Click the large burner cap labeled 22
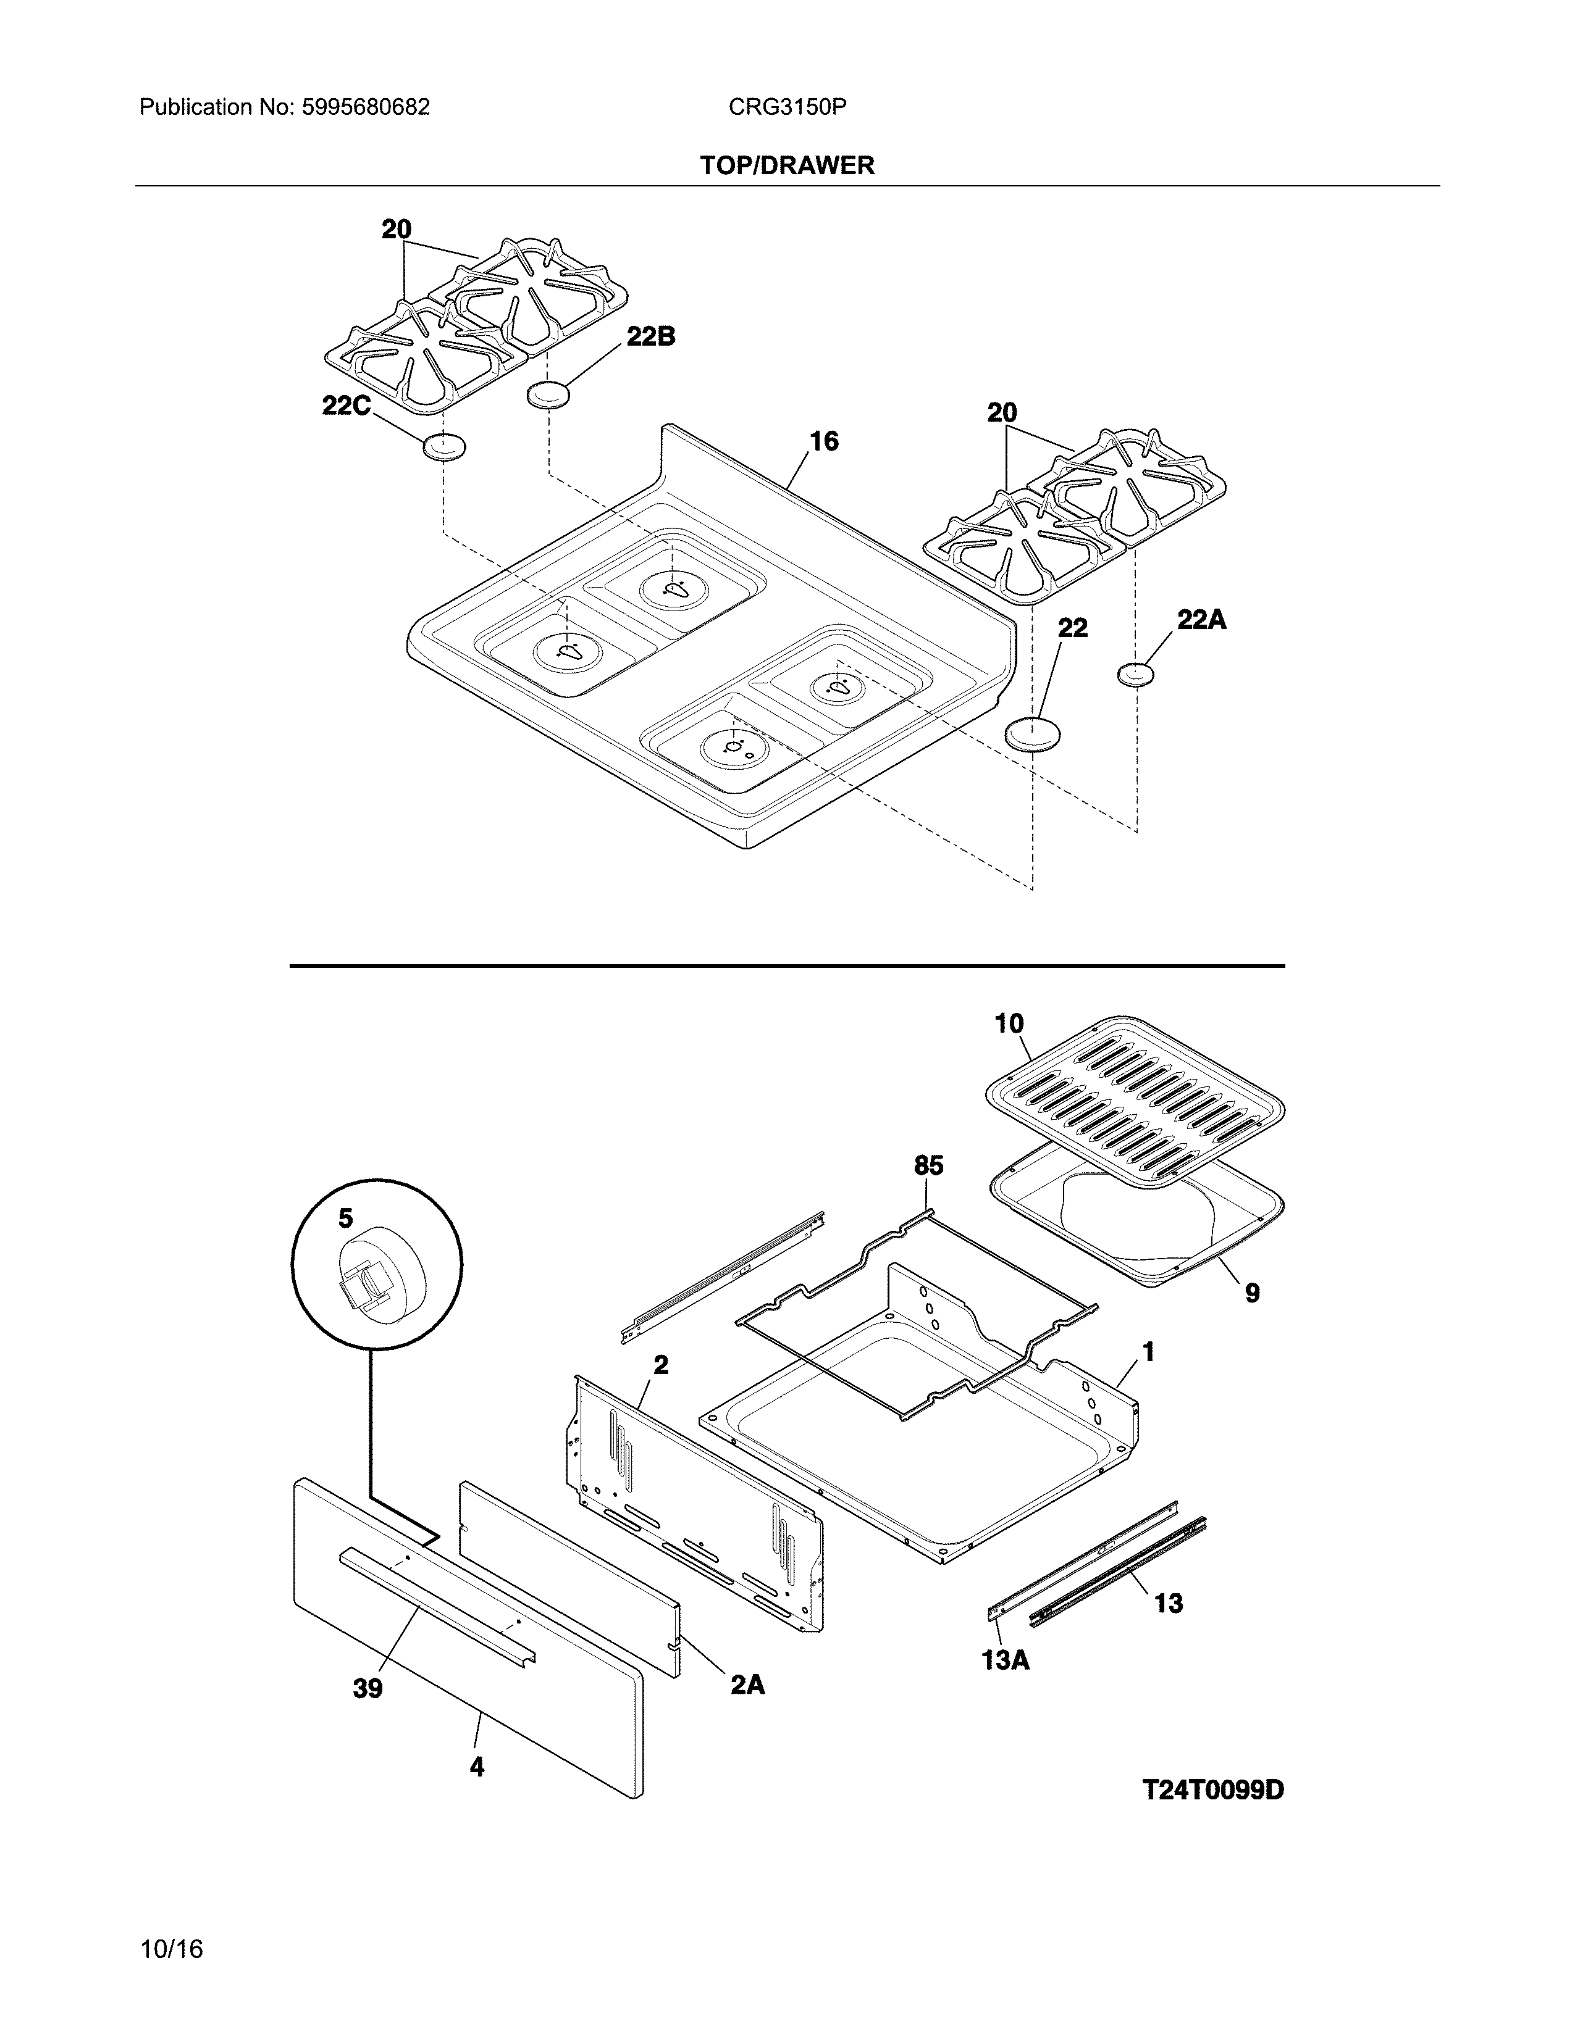click(1033, 734)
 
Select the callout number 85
click(928, 1166)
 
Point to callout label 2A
click(747, 1685)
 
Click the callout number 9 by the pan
click(1251, 1293)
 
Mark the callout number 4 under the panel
click(477, 1767)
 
